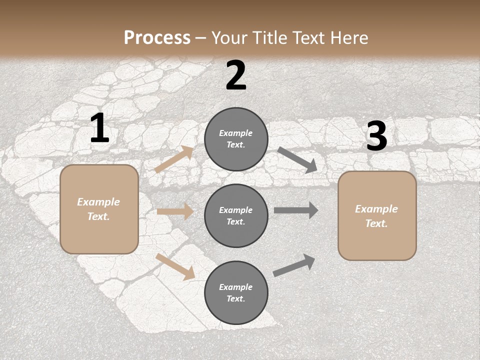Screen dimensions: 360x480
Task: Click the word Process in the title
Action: pyautogui.click(x=157, y=38)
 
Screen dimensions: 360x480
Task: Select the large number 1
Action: pyautogui.click(x=99, y=128)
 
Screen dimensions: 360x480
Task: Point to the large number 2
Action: pyautogui.click(x=236, y=76)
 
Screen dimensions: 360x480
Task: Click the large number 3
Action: pyautogui.click(x=376, y=136)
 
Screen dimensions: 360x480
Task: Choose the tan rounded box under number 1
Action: pyautogui.click(x=99, y=209)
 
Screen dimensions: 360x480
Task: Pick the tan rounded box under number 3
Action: pyautogui.click(x=377, y=216)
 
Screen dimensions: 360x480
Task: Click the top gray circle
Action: pyautogui.click(x=236, y=139)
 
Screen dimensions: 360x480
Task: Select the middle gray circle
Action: pyautogui.click(x=236, y=215)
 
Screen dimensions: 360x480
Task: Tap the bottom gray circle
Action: pyautogui.click(x=236, y=292)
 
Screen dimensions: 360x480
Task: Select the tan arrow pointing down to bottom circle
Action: pyautogui.click(x=175, y=266)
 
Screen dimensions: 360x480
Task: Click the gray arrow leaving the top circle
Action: pyautogui.click(x=297, y=160)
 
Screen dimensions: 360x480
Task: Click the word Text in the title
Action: pyautogui.click(x=305, y=38)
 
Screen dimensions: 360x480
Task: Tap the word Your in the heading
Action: pyautogui.click(x=228, y=38)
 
